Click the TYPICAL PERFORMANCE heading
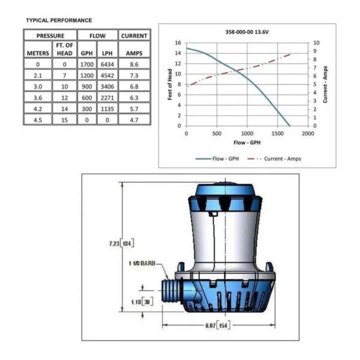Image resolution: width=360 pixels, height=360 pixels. pyautogui.click(x=59, y=20)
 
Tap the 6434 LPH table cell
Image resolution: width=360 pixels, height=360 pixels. pyautogui.click(x=106, y=64)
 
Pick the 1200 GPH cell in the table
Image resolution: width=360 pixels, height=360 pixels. pyautogui.click(x=86, y=76)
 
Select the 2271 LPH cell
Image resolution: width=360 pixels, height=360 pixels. pyautogui.click(x=106, y=98)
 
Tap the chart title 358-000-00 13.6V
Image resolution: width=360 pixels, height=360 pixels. pyautogui.click(x=247, y=34)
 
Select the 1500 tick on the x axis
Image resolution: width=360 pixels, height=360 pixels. pyautogui.click(x=277, y=134)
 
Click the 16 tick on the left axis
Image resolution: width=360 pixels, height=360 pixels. pyautogui.click(x=178, y=43)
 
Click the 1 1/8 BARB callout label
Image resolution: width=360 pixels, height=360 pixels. pyautogui.click(x=142, y=263)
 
